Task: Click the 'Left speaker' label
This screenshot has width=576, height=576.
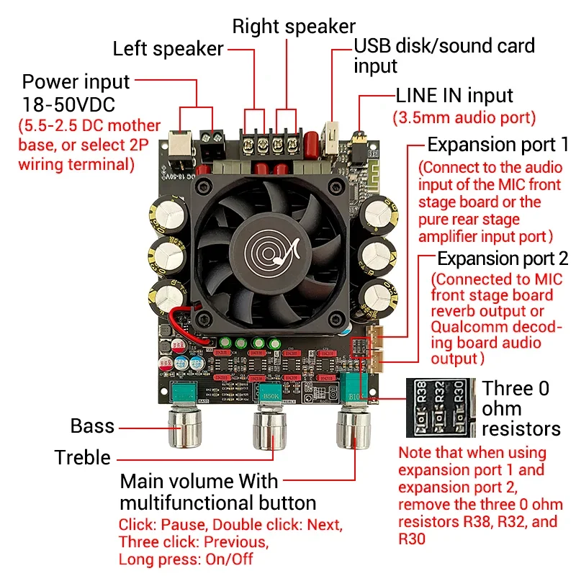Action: point(168,49)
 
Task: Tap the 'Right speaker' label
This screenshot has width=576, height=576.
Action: point(294,27)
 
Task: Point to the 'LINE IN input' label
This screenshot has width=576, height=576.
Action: point(454,96)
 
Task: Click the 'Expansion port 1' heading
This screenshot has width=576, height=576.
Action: point(498,144)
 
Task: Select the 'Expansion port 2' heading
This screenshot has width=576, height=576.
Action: point(503,258)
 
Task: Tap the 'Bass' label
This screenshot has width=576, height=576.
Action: point(92,426)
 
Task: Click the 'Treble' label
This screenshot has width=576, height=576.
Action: point(83,457)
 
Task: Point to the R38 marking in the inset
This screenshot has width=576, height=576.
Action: point(422,394)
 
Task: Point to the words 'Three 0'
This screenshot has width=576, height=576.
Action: point(516,389)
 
